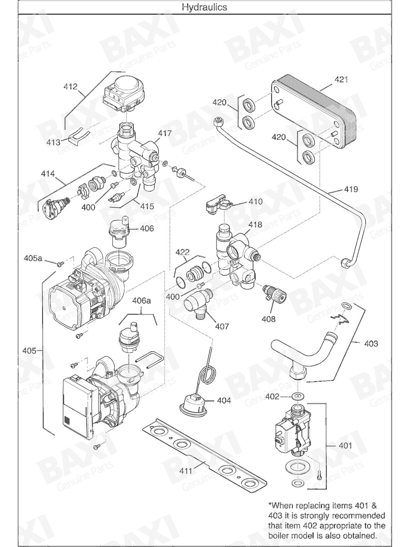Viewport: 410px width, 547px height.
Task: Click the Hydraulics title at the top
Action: click(204, 7)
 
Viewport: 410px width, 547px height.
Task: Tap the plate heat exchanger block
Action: click(314, 112)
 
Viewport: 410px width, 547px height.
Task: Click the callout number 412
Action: click(71, 87)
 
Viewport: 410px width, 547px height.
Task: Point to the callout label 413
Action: click(53, 142)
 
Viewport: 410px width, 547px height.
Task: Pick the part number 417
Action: click(165, 133)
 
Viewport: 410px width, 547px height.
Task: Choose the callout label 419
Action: click(351, 189)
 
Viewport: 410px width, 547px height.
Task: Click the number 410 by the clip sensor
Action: click(255, 202)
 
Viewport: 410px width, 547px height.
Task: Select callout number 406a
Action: click(141, 301)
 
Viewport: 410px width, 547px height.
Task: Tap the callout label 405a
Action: click(33, 258)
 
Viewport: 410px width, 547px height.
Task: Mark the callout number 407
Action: click(222, 326)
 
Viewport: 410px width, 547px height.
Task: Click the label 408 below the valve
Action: click(269, 319)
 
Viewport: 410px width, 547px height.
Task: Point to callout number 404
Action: click(224, 400)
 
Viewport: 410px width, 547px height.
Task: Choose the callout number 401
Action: click(345, 446)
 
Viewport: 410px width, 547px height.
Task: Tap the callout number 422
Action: click(183, 252)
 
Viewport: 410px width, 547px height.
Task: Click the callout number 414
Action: click(48, 173)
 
